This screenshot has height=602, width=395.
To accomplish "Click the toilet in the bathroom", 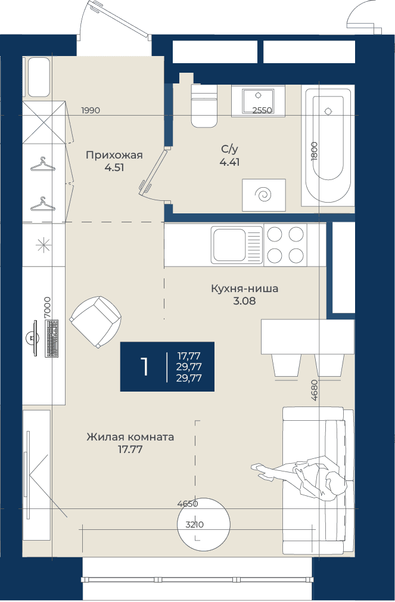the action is click(x=204, y=106).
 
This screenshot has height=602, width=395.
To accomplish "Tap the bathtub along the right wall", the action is click(x=328, y=145).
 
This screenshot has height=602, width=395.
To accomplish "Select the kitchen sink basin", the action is click(x=229, y=246).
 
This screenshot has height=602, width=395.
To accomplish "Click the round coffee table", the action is click(x=203, y=524).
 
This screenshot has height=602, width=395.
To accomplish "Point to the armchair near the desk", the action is click(x=95, y=322).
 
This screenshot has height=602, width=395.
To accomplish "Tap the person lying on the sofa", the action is click(x=300, y=475).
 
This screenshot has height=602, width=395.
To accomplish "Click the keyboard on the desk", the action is click(x=52, y=338).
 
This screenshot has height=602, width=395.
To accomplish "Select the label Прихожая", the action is click(x=114, y=155).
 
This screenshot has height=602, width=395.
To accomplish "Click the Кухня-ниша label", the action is click(x=244, y=288).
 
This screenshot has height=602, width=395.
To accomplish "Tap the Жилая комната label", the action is click(x=130, y=437).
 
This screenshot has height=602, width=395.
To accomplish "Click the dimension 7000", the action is click(x=47, y=307).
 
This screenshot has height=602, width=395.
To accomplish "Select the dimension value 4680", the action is click(x=315, y=390).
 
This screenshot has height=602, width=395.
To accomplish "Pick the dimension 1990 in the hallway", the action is click(x=91, y=111).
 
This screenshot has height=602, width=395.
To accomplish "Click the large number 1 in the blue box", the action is click(x=145, y=367).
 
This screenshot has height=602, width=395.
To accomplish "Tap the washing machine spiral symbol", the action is click(x=264, y=195).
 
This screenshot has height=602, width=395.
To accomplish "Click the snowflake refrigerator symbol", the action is click(x=43, y=245).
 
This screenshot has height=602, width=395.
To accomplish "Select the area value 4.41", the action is click(x=229, y=162).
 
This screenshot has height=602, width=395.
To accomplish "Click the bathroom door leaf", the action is click(x=154, y=170).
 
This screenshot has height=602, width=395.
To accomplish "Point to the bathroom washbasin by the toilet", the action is click(x=258, y=101).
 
